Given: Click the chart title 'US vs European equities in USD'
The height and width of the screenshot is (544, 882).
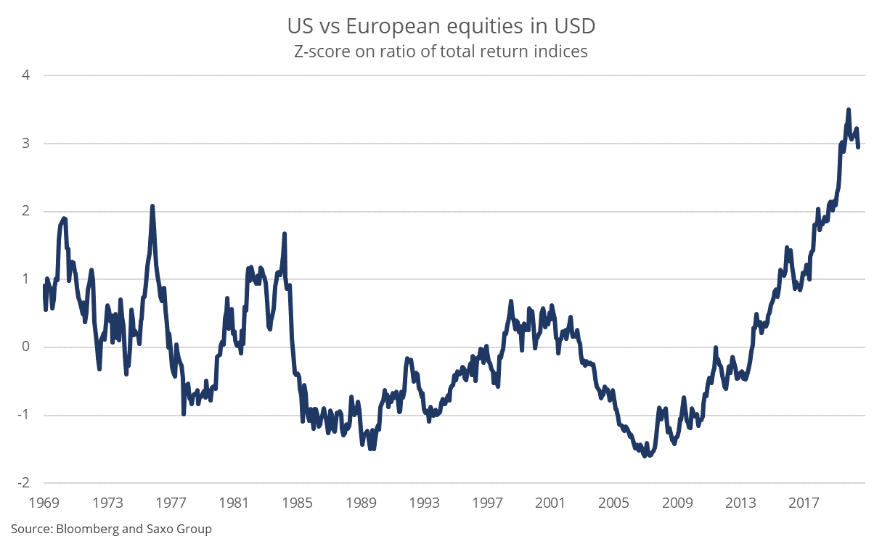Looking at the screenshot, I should (441, 27).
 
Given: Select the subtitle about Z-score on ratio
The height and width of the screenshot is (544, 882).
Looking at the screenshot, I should (441, 51).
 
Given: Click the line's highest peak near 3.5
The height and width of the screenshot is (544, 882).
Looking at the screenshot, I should (848, 110).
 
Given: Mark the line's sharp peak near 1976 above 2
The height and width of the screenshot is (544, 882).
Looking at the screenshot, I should (152, 206).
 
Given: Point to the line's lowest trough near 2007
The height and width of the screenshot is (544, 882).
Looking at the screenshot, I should (645, 456).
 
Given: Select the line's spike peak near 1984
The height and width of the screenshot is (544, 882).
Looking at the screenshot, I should (285, 234).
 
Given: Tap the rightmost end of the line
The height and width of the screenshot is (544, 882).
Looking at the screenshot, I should (858, 147).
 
